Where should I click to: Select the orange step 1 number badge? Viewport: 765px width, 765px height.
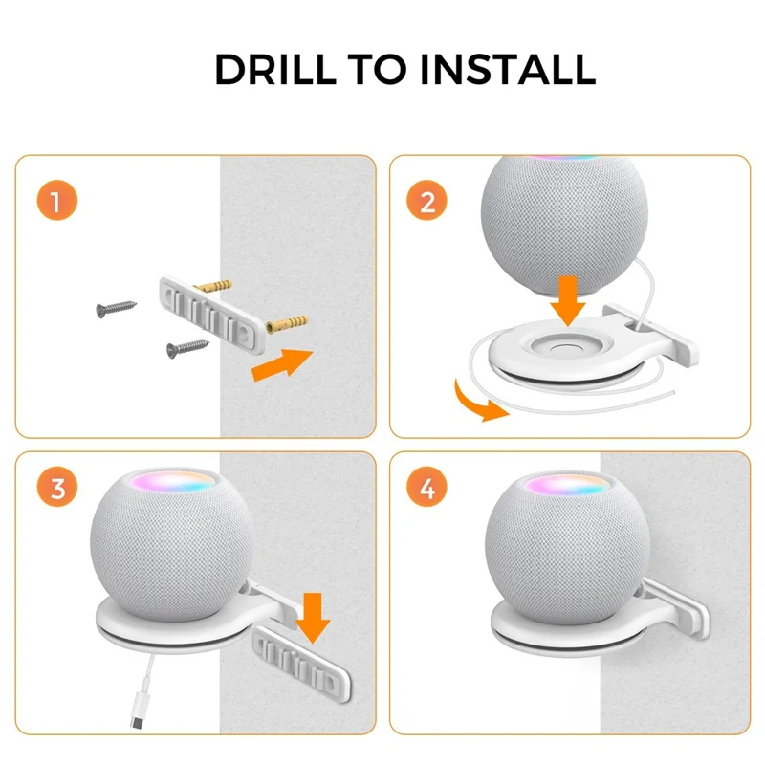point(56,204)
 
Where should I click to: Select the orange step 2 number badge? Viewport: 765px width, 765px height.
point(427,204)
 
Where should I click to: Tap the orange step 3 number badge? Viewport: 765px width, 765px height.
point(56,489)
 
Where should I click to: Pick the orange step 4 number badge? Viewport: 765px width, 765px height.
point(427,489)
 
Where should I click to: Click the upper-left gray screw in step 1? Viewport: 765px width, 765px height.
point(113,309)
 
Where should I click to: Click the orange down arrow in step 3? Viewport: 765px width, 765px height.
point(313,617)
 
